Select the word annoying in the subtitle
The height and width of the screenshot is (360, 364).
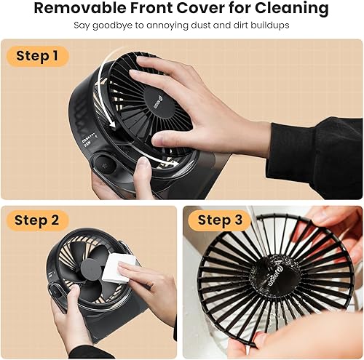pos(165,25)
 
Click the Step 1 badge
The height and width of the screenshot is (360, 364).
pos(37,56)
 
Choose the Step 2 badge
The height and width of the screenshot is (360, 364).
pos(37,220)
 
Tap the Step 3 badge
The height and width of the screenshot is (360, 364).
pos(220,220)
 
